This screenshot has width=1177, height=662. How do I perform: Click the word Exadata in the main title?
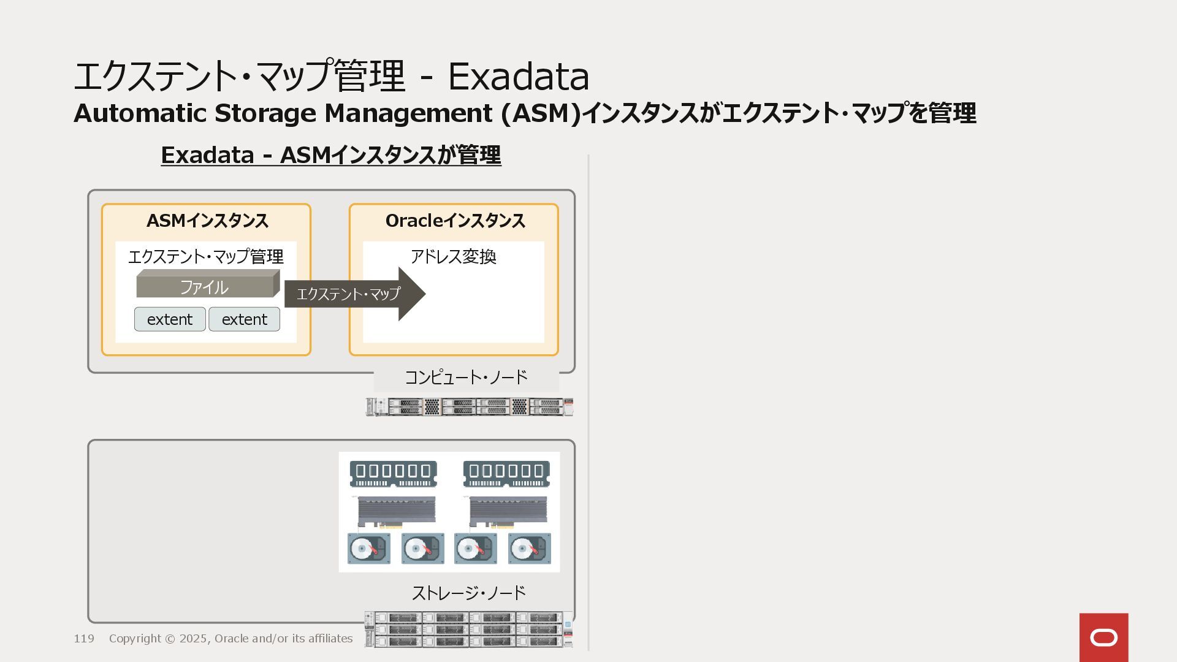click(x=518, y=77)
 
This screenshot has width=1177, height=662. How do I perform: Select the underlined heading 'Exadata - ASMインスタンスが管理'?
click(x=331, y=155)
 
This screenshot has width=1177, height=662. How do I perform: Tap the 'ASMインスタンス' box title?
click(x=207, y=221)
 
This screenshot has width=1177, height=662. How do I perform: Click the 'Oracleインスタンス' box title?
click(x=455, y=221)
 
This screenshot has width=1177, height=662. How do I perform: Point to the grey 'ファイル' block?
click(x=205, y=286)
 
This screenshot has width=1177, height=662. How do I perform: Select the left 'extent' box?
click(x=170, y=319)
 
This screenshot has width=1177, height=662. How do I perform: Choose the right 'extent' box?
click(x=244, y=319)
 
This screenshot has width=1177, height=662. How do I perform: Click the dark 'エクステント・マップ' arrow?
click(x=354, y=294)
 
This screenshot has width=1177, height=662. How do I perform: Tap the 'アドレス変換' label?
click(x=453, y=256)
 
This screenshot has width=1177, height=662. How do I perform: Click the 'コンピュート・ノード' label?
click(x=466, y=377)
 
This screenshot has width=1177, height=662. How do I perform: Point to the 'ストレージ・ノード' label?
click(x=468, y=593)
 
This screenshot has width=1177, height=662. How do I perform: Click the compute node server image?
click(x=469, y=406)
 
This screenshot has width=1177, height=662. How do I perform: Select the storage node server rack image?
click(x=469, y=629)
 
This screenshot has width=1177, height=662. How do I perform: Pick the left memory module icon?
click(x=393, y=473)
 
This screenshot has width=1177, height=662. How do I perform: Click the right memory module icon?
click(x=506, y=473)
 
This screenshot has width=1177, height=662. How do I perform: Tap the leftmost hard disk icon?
click(x=368, y=549)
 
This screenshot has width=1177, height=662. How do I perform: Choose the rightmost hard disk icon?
click(x=529, y=549)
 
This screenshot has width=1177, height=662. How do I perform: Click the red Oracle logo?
click(x=1103, y=637)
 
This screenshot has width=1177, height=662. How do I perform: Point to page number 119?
click(x=84, y=639)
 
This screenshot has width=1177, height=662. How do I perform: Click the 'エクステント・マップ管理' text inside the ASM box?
click(x=206, y=256)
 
